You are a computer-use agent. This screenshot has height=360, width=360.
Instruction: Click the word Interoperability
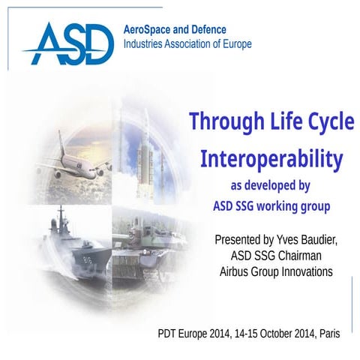(x=271, y=158)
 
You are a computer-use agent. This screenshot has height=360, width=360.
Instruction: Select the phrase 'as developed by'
(x=271, y=184)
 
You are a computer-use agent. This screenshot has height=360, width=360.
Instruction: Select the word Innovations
(x=304, y=272)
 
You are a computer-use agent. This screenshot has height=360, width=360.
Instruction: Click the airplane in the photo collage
(x=75, y=160)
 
